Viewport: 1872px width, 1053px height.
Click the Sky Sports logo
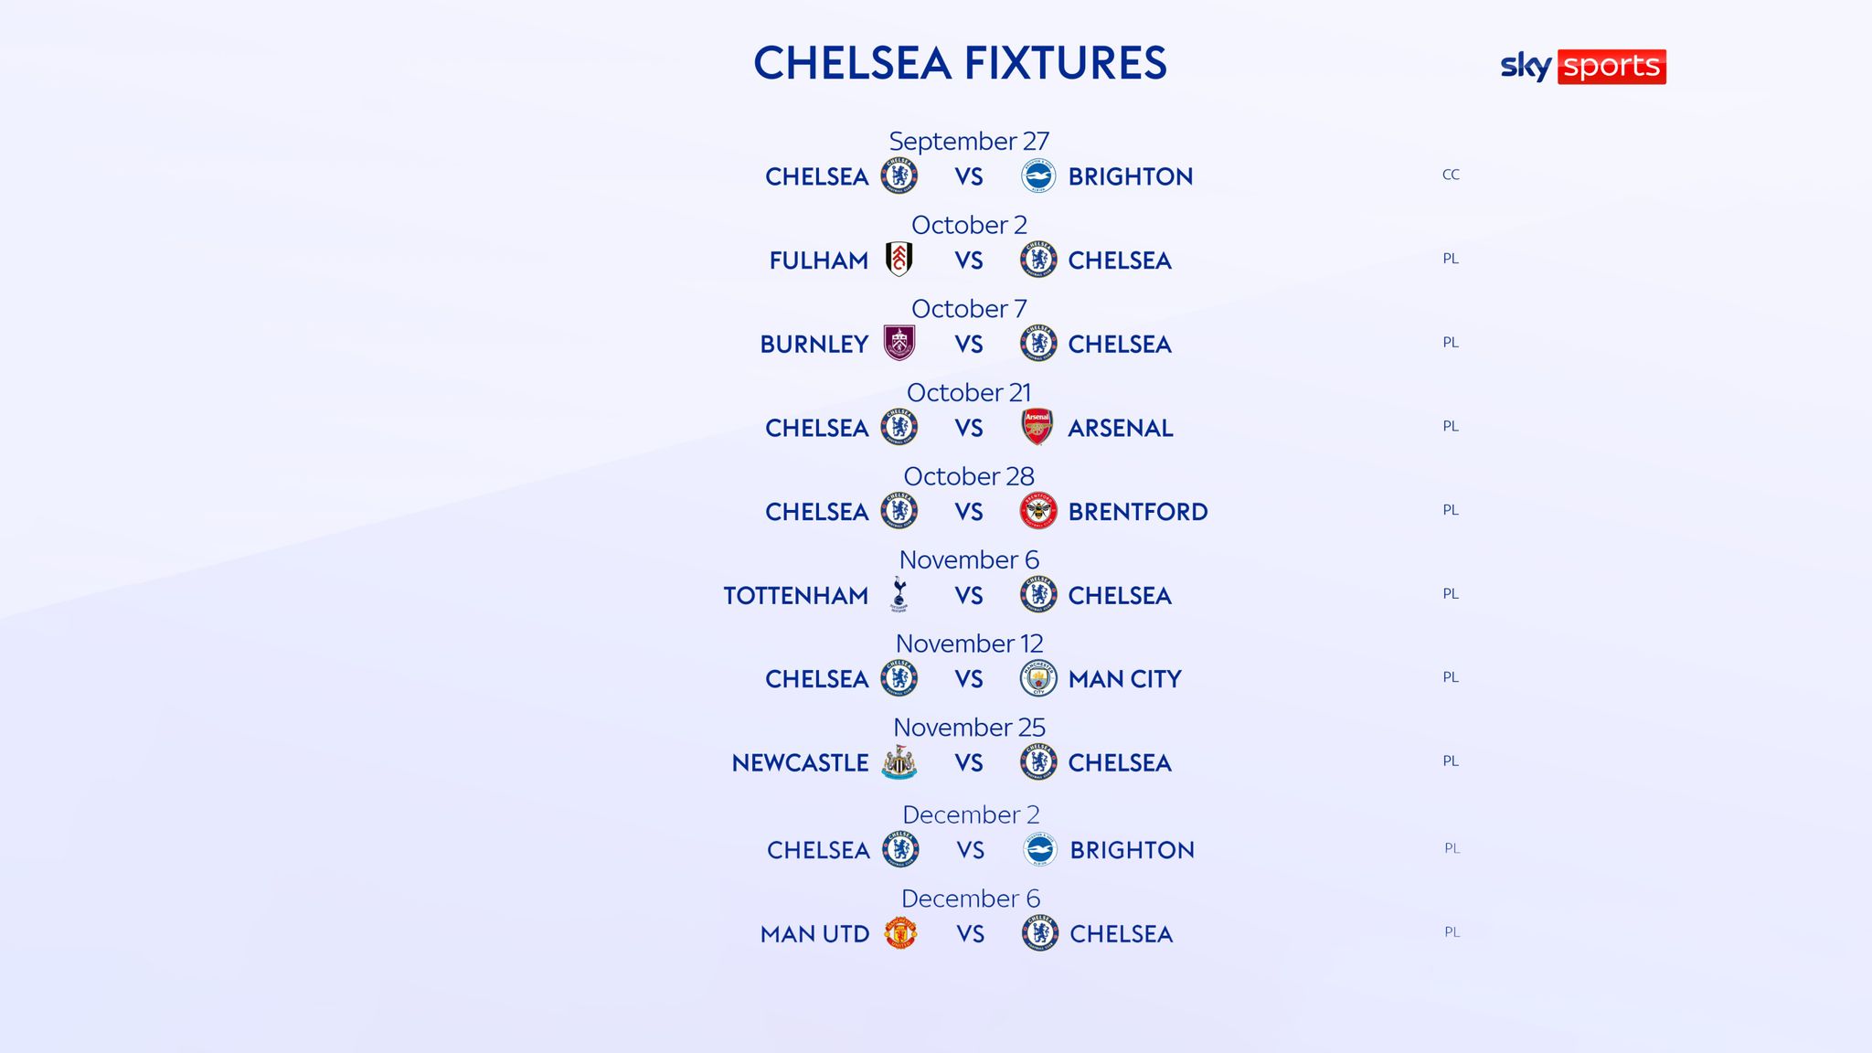point(1583,66)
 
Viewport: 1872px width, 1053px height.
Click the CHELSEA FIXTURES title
point(960,63)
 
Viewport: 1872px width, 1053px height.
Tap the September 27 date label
point(969,141)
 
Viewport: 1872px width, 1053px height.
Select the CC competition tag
point(1451,175)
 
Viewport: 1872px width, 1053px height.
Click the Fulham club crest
point(899,260)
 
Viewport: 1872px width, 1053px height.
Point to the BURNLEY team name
point(814,345)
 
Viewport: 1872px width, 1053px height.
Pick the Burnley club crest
point(899,344)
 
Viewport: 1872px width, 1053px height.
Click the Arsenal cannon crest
point(1037,427)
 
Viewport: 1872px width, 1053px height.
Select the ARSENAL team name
point(1121,428)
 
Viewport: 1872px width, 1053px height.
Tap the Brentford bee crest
point(1038,511)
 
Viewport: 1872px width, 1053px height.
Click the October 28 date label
point(969,476)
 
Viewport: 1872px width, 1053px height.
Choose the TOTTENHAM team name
point(795,596)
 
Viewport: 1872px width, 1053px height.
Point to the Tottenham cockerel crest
point(899,594)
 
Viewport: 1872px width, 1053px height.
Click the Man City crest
point(1038,678)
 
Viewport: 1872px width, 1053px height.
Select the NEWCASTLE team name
point(800,763)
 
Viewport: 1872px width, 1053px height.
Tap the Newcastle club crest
point(899,762)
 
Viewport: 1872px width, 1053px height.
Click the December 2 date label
point(971,814)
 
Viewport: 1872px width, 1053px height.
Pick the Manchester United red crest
point(900,933)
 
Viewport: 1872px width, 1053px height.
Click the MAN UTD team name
point(814,934)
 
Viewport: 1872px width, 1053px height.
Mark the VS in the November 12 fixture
point(969,679)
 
